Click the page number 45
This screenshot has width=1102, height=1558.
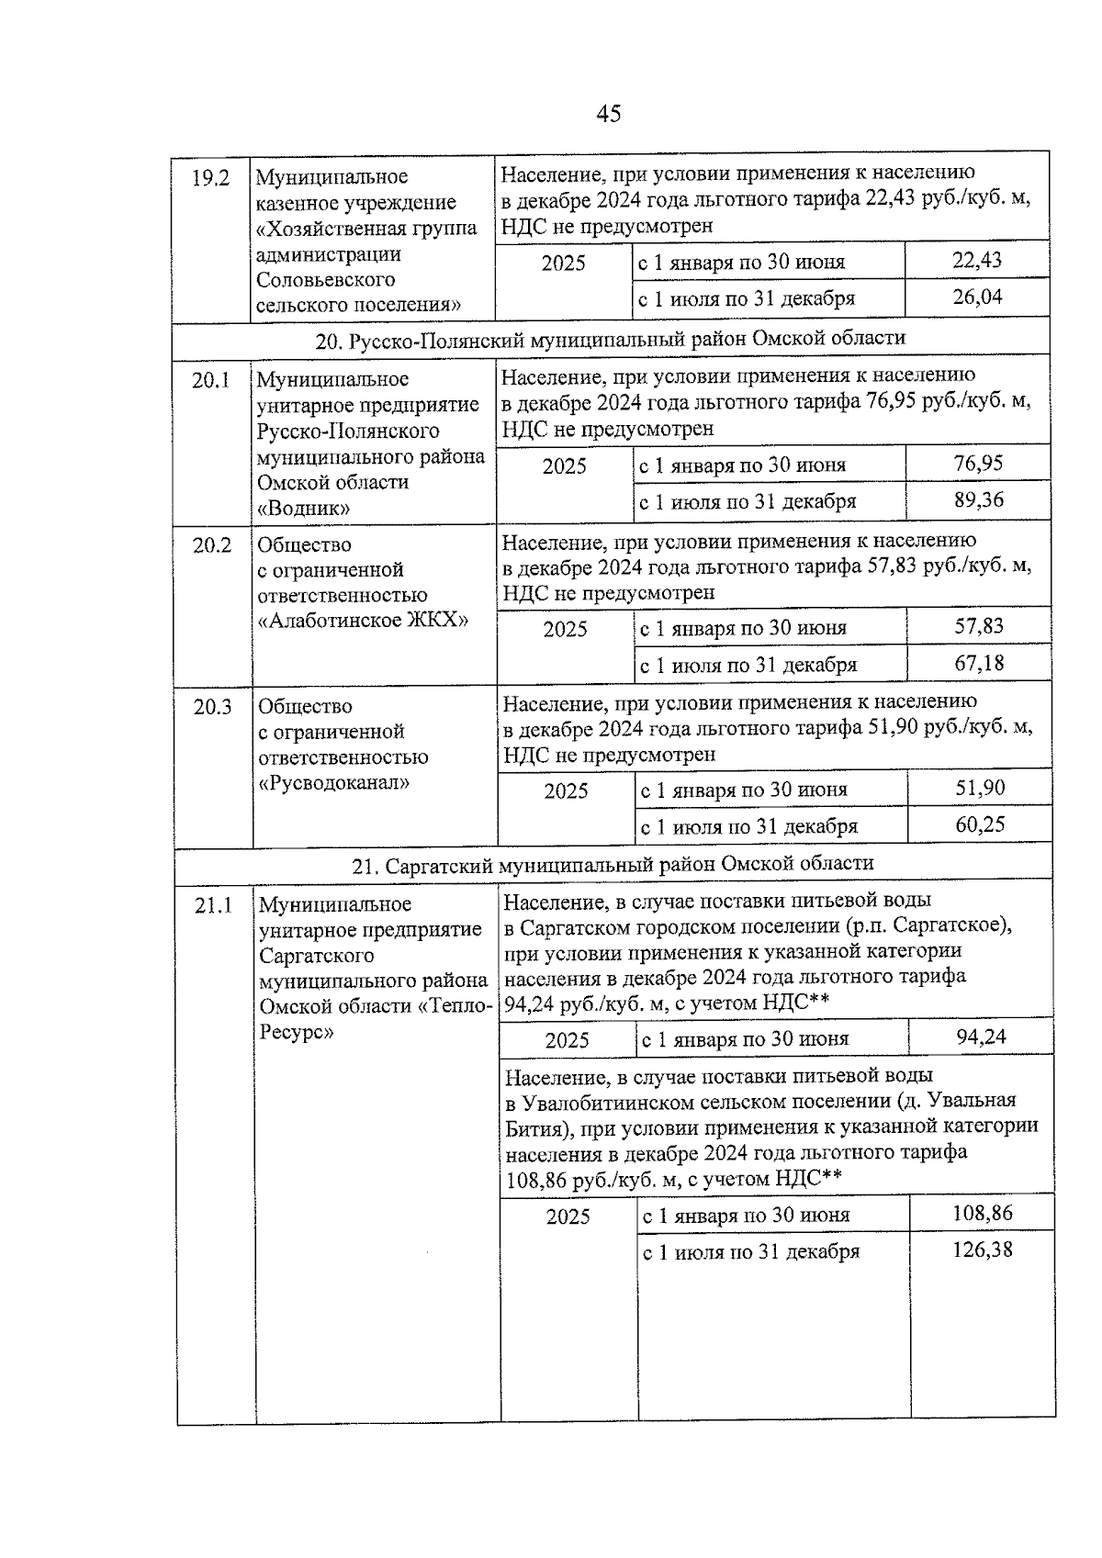608,114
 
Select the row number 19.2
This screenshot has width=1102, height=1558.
210,178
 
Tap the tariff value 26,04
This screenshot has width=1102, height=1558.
977,297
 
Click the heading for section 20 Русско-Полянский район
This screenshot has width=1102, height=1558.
610,339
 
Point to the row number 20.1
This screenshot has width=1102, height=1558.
211,380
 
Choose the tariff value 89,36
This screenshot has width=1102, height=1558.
978,500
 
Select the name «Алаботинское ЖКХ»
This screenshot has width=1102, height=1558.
364,620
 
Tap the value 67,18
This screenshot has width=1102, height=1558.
979,663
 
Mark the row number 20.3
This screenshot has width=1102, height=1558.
212,707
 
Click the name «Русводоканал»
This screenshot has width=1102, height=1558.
334,782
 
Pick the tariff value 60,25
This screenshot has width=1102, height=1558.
980,824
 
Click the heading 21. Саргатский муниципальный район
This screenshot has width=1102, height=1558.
613,864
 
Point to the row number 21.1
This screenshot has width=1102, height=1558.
213,905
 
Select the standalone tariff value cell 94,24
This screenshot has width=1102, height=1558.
981,1037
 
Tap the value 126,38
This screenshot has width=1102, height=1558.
982,1250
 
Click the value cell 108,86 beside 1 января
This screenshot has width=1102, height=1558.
982,1214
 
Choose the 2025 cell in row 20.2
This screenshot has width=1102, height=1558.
565,630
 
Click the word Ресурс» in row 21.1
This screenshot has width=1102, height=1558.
296,1031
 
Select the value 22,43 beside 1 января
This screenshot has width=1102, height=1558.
977,261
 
